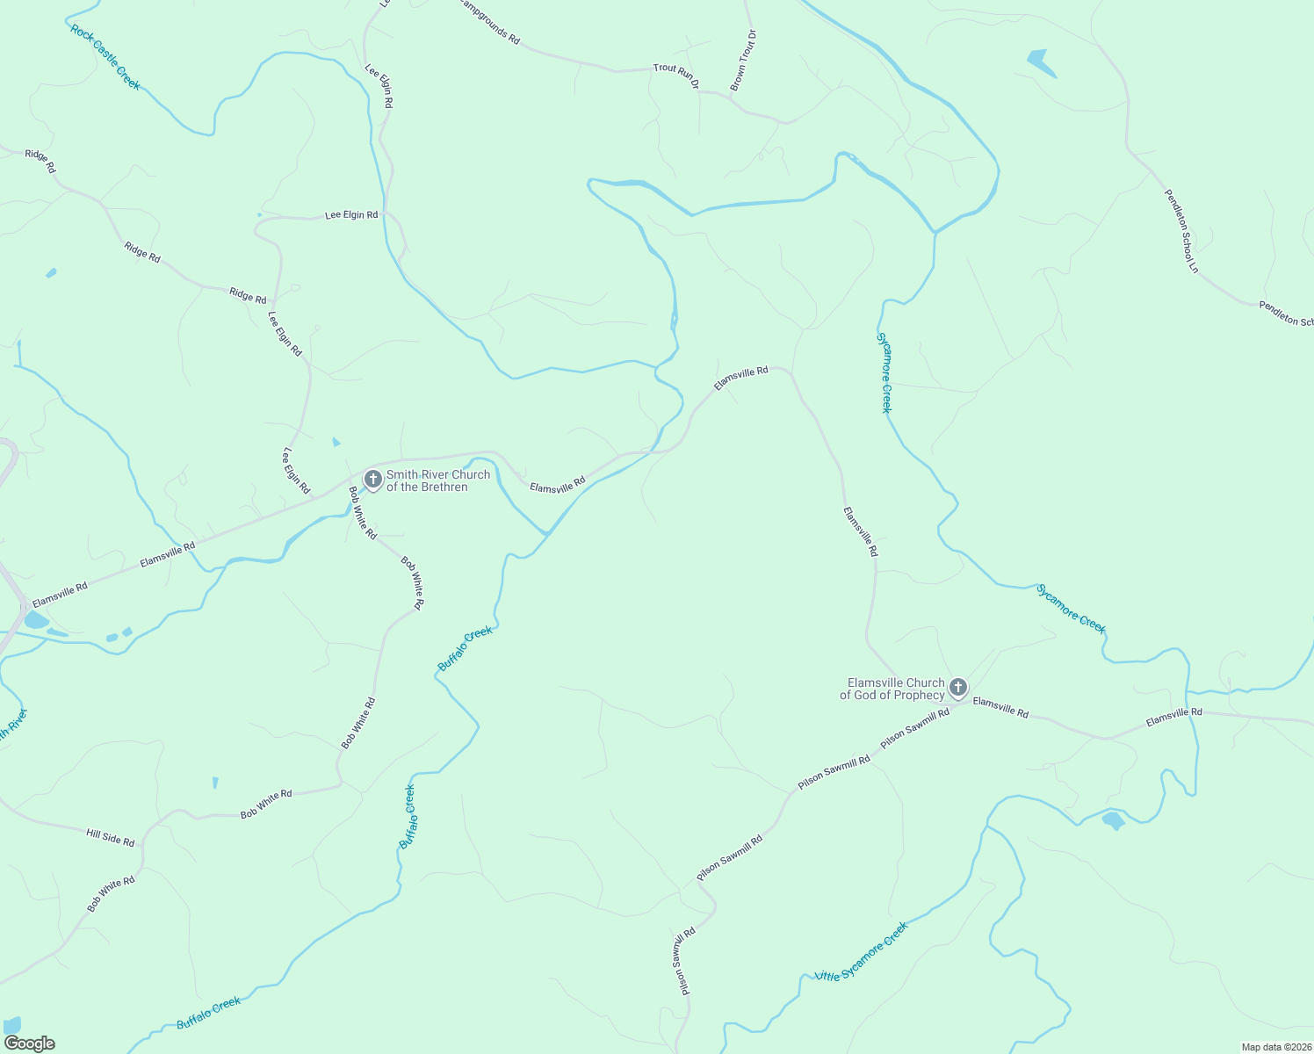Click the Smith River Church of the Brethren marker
372,479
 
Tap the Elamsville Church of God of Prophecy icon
958,687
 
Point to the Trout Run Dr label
675,76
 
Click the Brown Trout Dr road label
742,61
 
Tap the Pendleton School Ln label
1181,230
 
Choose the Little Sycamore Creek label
861,952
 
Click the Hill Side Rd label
111,837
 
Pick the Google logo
29,1043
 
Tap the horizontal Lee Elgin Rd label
351,214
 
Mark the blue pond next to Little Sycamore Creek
1113,821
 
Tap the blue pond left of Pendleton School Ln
1040,62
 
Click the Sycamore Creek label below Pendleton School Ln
885,372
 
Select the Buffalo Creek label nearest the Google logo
208,1013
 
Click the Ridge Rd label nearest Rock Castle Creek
40,161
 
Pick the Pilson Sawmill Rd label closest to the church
914,726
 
